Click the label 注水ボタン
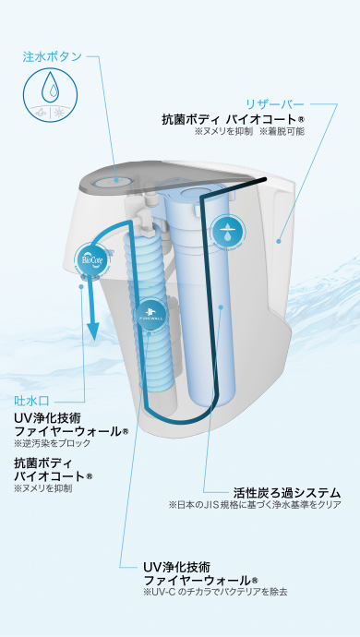coord(52,56)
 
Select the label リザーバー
coord(274,103)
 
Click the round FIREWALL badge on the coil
coord(151,312)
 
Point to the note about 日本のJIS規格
coord(255,505)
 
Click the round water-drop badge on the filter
coord(226,233)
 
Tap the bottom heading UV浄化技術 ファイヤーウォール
coord(199,572)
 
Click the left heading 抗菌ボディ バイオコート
coord(54,468)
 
